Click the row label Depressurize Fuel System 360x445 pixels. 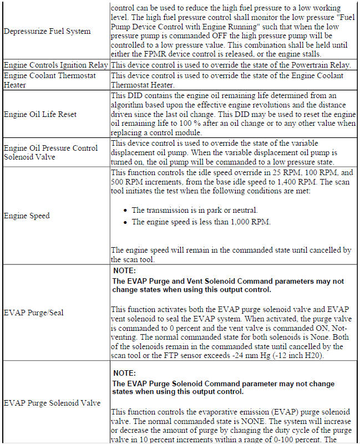click(47, 32)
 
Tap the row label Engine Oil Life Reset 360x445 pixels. click(40, 114)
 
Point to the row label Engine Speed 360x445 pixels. click(27, 216)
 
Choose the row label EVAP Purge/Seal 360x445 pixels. click(34, 313)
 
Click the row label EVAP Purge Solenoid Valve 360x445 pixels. click(52, 403)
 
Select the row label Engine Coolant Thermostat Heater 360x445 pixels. click(49, 80)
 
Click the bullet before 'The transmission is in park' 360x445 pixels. click(126, 211)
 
